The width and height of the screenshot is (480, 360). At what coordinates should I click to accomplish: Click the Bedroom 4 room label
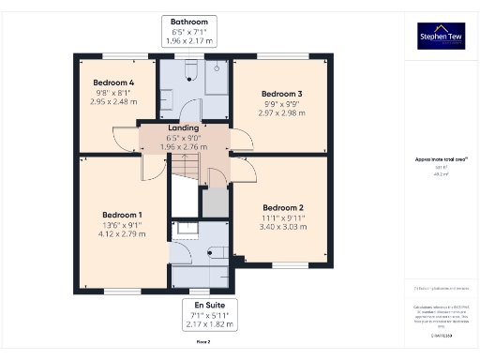tap(113, 82)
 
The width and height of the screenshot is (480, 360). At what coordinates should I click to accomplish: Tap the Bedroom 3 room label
tap(281, 94)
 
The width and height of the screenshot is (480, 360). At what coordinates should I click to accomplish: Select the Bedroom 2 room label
tap(282, 207)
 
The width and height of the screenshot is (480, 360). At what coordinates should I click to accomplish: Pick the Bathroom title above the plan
tap(189, 21)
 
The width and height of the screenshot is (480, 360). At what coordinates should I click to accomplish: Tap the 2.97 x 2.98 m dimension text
tap(281, 113)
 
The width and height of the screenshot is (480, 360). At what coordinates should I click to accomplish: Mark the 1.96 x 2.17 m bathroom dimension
tap(189, 40)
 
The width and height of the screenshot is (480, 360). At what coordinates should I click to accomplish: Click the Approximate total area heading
tap(441, 159)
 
